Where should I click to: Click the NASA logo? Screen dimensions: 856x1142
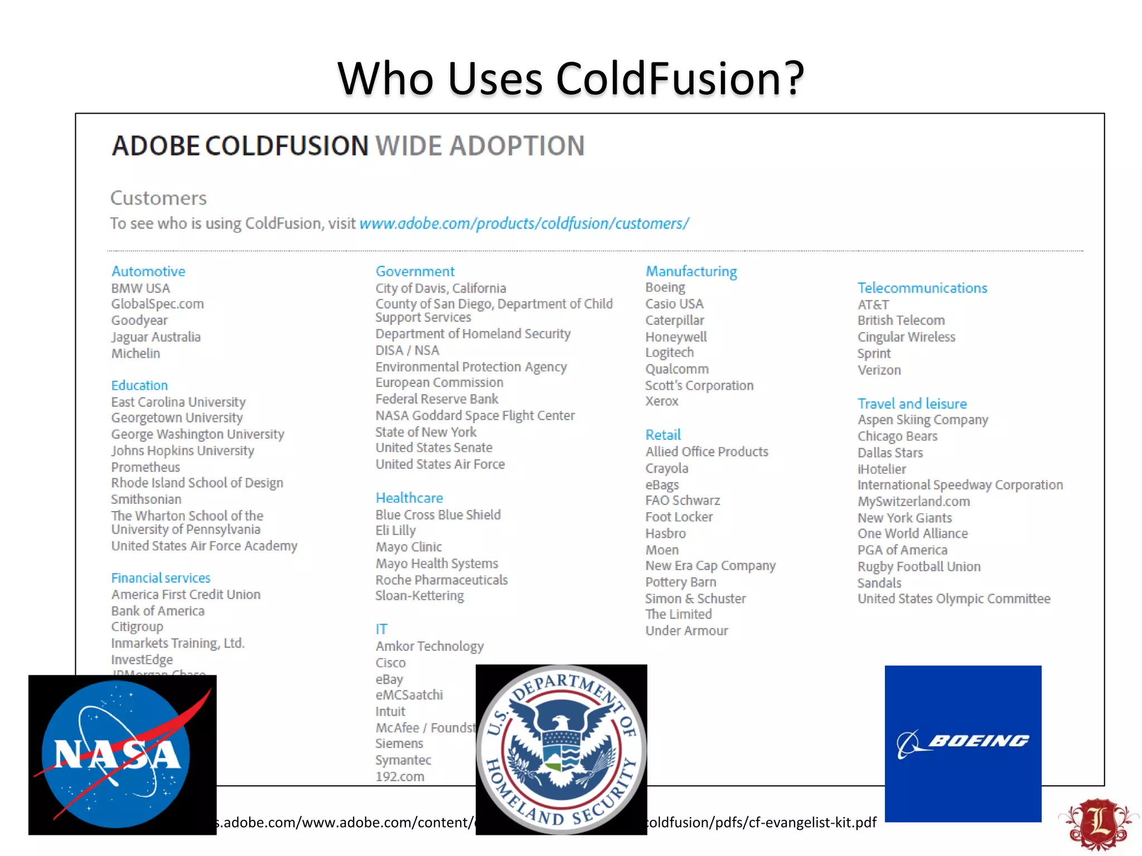click(122, 755)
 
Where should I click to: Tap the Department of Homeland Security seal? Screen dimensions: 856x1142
click(562, 749)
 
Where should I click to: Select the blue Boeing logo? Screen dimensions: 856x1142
click(963, 743)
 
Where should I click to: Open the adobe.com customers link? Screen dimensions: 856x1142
click(524, 223)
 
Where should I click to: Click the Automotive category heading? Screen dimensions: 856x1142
click(148, 271)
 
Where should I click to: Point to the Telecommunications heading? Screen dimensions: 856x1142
click(922, 288)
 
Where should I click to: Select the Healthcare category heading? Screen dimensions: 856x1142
click(409, 498)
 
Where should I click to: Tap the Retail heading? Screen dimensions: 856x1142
click(663, 435)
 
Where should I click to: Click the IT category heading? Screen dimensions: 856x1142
click(381, 629)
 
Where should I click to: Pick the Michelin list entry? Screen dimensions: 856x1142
click(136, 353)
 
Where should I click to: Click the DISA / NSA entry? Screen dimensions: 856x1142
click(407, 351)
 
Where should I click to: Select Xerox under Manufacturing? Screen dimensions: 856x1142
click(662, 401)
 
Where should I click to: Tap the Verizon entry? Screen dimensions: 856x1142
click(879, 370)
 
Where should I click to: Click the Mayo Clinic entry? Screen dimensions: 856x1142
click(409, 547)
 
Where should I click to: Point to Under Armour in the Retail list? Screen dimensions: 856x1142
click(686, 631)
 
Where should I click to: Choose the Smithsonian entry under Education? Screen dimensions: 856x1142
click(146, 499)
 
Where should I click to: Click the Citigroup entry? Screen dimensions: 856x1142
click(137, 627)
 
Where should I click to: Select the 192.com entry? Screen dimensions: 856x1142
click(400, 777)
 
